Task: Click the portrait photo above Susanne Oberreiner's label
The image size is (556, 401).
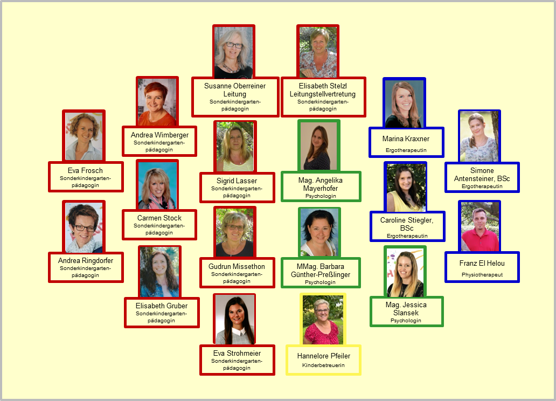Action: click(x=234, y=52)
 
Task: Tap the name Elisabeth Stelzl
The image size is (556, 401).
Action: click(x=323, y=86)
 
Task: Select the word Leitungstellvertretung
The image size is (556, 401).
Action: click(x=323, y=94)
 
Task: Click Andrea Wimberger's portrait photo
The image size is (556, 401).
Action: click(x=157, y=102)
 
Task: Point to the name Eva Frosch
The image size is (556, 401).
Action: click(x=85, y=170)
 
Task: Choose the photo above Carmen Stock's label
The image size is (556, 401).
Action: click(x=157, y=185)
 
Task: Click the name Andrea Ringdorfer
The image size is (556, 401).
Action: click(x=86, y=260)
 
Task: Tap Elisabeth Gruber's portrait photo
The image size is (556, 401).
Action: click(x=159, y=272)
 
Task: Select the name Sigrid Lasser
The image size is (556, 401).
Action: click(x=237, y=181)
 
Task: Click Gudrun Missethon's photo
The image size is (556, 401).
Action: click(x=235, y=233)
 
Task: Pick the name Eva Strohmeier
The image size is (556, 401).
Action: click(x=237, y=353)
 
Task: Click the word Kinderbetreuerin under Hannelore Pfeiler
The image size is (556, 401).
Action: click(x=323, y=365)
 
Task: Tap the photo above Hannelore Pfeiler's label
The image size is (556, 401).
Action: click(x=323, y=320)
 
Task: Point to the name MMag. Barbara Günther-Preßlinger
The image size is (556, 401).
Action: click(x=321, y=271)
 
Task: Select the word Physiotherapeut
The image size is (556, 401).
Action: click(x=482, y=275)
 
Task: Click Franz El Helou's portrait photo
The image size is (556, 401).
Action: click(x=479, y=227)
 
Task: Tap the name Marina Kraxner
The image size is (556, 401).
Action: click(x=406, y=139)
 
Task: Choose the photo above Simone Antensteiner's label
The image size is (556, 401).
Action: click(x=479, y=136)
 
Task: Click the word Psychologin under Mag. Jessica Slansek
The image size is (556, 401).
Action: click(x=406, y=321)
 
